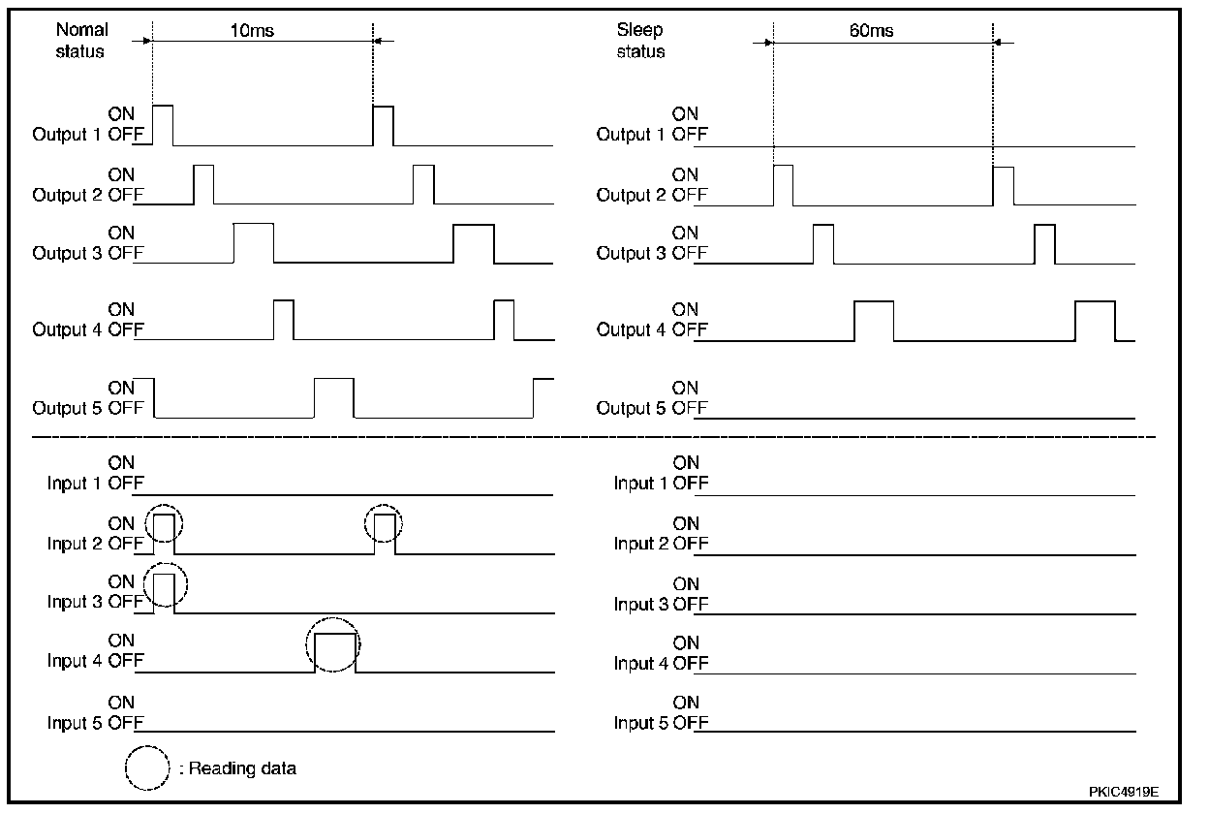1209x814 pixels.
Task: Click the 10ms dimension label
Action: (x=252, y=30)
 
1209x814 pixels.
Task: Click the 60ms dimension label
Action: (x=871, y=30)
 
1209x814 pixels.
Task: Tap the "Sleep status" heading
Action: (x=640, y=41)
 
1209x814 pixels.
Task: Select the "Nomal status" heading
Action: (x=81, y=41)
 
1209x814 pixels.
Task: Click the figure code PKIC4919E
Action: (x=1123, y=792)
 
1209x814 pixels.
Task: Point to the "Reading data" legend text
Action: (x=242, y=768)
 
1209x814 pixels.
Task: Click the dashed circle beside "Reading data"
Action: (x=125, y=768)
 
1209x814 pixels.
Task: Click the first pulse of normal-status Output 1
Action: (x=163, y=107)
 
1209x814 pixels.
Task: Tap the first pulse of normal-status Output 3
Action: (x=254, y=224)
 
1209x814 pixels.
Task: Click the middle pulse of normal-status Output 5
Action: (x=334, y=380)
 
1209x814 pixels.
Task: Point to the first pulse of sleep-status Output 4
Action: (x=874, y=302)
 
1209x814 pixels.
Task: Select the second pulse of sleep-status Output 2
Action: (x=1004, y=168)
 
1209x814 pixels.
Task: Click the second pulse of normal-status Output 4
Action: (x=504, y=301)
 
